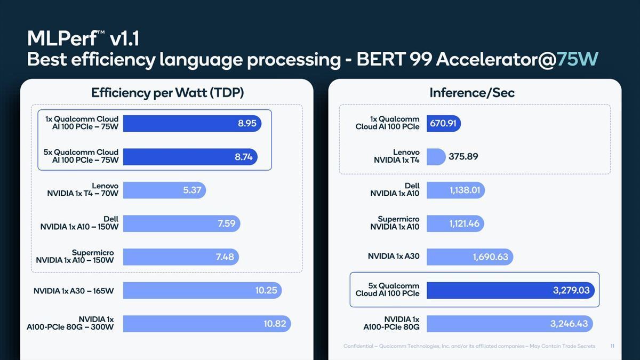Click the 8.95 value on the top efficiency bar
[x=247, y=123]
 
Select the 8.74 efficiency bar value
[x=244, y=157]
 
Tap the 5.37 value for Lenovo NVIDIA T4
[x=192, y=190]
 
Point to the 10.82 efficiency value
[x=275, y=324]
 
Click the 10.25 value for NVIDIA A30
[x=266, y=290]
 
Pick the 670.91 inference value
[x=443, y=123]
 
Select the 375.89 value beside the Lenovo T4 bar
[x=463, y=156]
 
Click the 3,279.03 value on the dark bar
[x=571, y=290]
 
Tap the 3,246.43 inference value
[x=569, y=324]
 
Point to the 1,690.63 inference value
[x=491, y=257]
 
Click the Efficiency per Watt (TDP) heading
[x=167, y=93]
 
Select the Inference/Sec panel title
[x=472, y=93]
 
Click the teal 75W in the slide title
[x=578, y=59]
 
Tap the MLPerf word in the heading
[x=62, y=38]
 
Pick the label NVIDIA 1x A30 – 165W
[x=74, y=291]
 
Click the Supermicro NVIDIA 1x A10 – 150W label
[x=75, y=257]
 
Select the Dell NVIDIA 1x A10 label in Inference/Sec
[x=395, y=190]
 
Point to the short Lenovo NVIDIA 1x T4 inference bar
[x=436, y=157]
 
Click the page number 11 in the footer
[x=612, y=346]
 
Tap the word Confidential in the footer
[x=358, y=346]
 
